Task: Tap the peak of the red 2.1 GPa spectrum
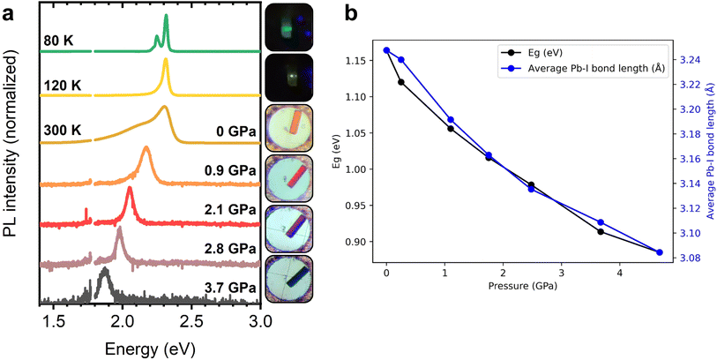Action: point(130,189)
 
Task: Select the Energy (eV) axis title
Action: point(146,345)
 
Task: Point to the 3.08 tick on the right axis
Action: point(692,258)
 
